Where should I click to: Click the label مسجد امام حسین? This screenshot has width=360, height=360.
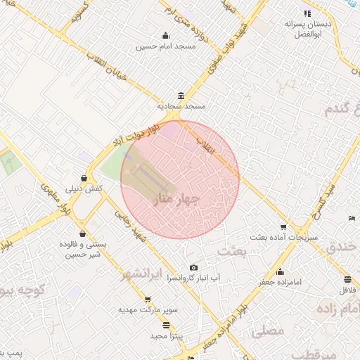point(166,46)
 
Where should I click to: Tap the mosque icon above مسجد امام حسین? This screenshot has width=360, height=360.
point(165,36)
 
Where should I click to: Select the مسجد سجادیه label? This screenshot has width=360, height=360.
point(181,106)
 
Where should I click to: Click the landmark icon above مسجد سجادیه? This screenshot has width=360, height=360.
point(181,96)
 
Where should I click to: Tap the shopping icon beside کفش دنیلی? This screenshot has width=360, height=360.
point(84,178)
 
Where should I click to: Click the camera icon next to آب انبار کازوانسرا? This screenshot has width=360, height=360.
point(194,268)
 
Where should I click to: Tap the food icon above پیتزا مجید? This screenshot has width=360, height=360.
point(166,325)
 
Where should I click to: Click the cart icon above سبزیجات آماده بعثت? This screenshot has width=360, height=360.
point(283,227)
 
